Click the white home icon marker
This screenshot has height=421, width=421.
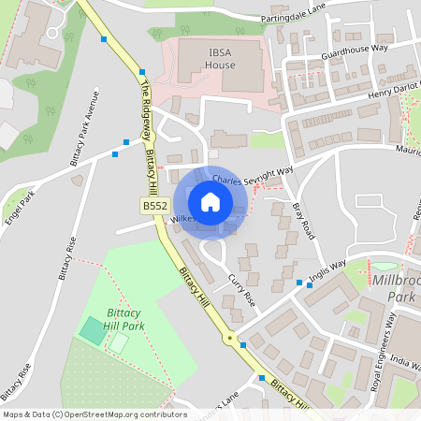pyautogui.click(x=210, y=202)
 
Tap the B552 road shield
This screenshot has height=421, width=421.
pyautogui.click(x=154, y=206)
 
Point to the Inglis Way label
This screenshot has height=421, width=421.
pyautogui.click(x=325, y=271)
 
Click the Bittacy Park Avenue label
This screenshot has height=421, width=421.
pyautogui.click(x=85, y=127)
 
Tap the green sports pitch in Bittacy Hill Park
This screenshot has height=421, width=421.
pyautogui.click(x=93, y=329)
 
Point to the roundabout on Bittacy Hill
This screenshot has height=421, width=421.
pyautogui.click(x=228, y=337)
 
